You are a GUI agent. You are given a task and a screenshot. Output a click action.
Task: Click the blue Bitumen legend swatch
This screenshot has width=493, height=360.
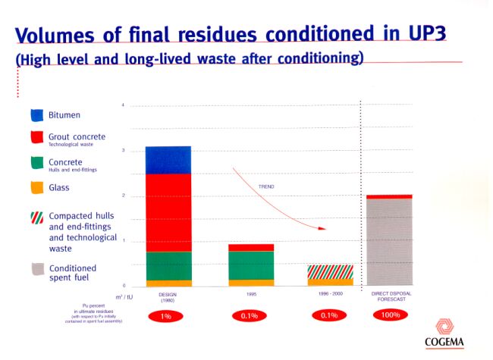[37, 115]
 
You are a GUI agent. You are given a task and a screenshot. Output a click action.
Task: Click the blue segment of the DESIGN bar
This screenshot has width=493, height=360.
[168, 160]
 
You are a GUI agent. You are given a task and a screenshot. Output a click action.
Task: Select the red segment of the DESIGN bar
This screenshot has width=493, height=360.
[168, 212]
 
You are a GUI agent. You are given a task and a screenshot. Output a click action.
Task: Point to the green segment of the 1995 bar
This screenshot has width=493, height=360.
[251, 265]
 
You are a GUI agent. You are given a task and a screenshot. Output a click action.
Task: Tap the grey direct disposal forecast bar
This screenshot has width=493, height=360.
[389, 241]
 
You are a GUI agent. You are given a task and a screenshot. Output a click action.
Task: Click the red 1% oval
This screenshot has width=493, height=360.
[168, 315]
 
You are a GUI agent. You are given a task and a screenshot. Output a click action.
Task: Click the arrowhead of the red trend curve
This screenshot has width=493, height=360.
[322, 227]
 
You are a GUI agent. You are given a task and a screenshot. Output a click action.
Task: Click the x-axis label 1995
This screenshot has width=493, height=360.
[251, 293]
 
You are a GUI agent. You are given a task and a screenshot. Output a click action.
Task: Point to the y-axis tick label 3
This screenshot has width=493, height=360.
[123, 150]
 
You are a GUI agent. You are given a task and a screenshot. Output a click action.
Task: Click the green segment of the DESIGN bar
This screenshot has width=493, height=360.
[168, 265]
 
